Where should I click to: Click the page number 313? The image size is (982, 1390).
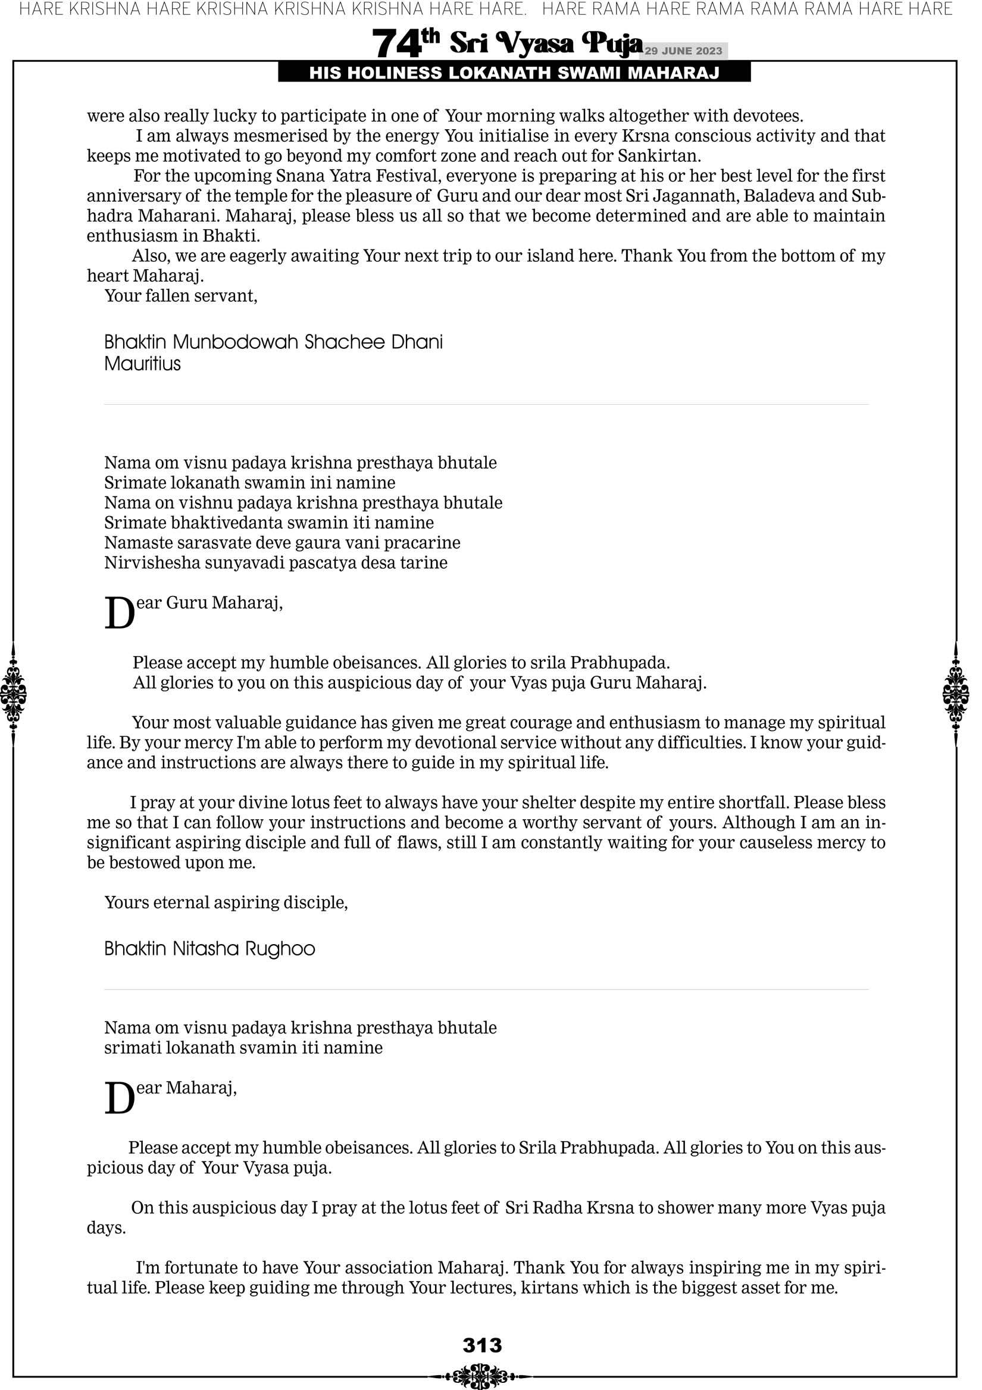click(x=483, y=1345)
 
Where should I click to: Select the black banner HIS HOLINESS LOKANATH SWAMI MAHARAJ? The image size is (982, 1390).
click(x=514, y=73)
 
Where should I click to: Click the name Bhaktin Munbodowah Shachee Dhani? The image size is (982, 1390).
click(x=273, y=342)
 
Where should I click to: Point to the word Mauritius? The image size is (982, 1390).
click(x=142, y=364)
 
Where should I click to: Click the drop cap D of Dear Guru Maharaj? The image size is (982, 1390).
click(x=119, y=613)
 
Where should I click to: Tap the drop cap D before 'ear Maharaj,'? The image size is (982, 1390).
click(x=119, y=1099)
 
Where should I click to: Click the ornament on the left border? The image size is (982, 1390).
click(x=12, y=694)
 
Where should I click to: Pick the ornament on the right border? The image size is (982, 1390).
click(x=956, y=694)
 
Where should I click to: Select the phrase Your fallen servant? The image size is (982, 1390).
click(x=181, y=296)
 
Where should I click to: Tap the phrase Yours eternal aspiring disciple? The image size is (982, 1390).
click(x=226, y=902)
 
